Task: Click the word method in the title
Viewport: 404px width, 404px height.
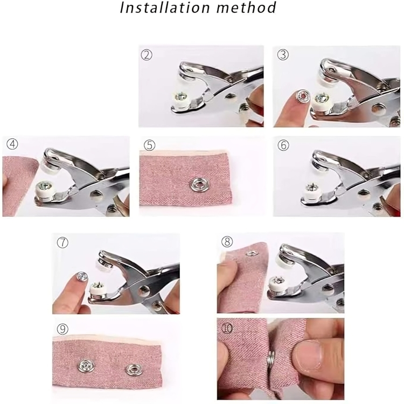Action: (247, 8)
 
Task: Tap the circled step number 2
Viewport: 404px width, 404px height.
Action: (147, 55)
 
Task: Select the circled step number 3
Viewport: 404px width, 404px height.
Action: (283, 54)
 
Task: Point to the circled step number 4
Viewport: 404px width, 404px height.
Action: (12, 144)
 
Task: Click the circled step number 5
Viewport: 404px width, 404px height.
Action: (149, 145)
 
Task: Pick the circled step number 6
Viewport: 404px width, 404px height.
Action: (283, 145)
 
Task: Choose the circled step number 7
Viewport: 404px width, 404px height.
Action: (62, 242)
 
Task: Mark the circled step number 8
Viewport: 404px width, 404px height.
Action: (227, 242)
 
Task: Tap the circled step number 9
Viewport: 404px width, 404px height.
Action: (62, 329)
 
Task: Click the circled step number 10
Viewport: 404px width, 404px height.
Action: (227, 328)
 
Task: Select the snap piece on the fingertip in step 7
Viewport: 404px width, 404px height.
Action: (82, 276)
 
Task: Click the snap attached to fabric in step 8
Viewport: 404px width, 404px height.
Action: (250, 254)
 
